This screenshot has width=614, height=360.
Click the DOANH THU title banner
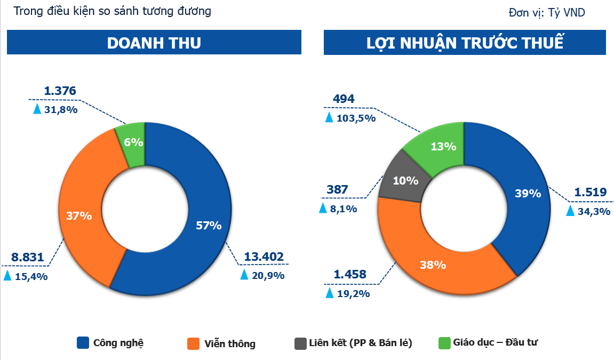click(x=154, y=43)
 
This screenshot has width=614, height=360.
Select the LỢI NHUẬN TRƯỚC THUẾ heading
click(x=465, y=43)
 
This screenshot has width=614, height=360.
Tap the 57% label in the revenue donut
click(x=208, y=226)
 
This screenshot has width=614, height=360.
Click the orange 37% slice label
click(x=79, y=216)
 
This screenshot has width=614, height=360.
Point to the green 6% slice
click(x=133, y=142)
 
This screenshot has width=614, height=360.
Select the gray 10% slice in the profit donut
click(x=405, y=180)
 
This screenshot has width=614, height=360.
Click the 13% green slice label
click(x=443, y=146)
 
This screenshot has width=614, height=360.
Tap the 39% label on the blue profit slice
click(x=528, y=194)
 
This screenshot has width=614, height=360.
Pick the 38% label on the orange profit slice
click(x=433, y=265)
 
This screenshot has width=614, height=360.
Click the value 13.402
click(x=264, y=257)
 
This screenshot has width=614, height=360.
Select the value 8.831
click(x=27, y=257)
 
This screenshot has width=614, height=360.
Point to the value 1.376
click(x=60, y=91)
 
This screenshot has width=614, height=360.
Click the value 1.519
click(x=590, y=193)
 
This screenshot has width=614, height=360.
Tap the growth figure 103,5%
click(x=356, y=118)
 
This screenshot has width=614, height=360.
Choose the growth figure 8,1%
click(x=344, y=209)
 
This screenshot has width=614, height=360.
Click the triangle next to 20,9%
click(x=244, y=275)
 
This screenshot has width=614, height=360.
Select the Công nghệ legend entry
click(x=118, y=342)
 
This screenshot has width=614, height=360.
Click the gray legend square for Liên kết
click(x=300, y=343)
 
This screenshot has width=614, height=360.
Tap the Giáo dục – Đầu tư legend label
click(x=497, y=342)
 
